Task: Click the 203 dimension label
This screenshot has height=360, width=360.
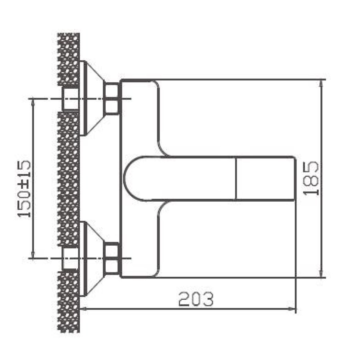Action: click(x=196, y=299)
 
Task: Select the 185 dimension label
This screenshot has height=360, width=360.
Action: click(x=311, y=178)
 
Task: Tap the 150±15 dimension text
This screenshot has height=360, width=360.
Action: click(x=24, y=189)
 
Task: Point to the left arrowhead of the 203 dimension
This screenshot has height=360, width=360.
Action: click(x=84, y=309)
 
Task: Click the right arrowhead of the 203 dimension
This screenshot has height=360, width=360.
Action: click(x=292, y=309)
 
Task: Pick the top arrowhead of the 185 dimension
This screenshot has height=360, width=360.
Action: click(x=322, y=84)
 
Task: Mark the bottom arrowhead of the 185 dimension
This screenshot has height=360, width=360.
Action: click(x=322, y=274)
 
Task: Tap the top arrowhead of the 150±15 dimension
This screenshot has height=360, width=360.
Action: click(x=33, y=101)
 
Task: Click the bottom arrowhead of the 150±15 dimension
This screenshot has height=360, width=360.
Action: click(x=33, y=255)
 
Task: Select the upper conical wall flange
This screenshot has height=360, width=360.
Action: click(x=92, y=98)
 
